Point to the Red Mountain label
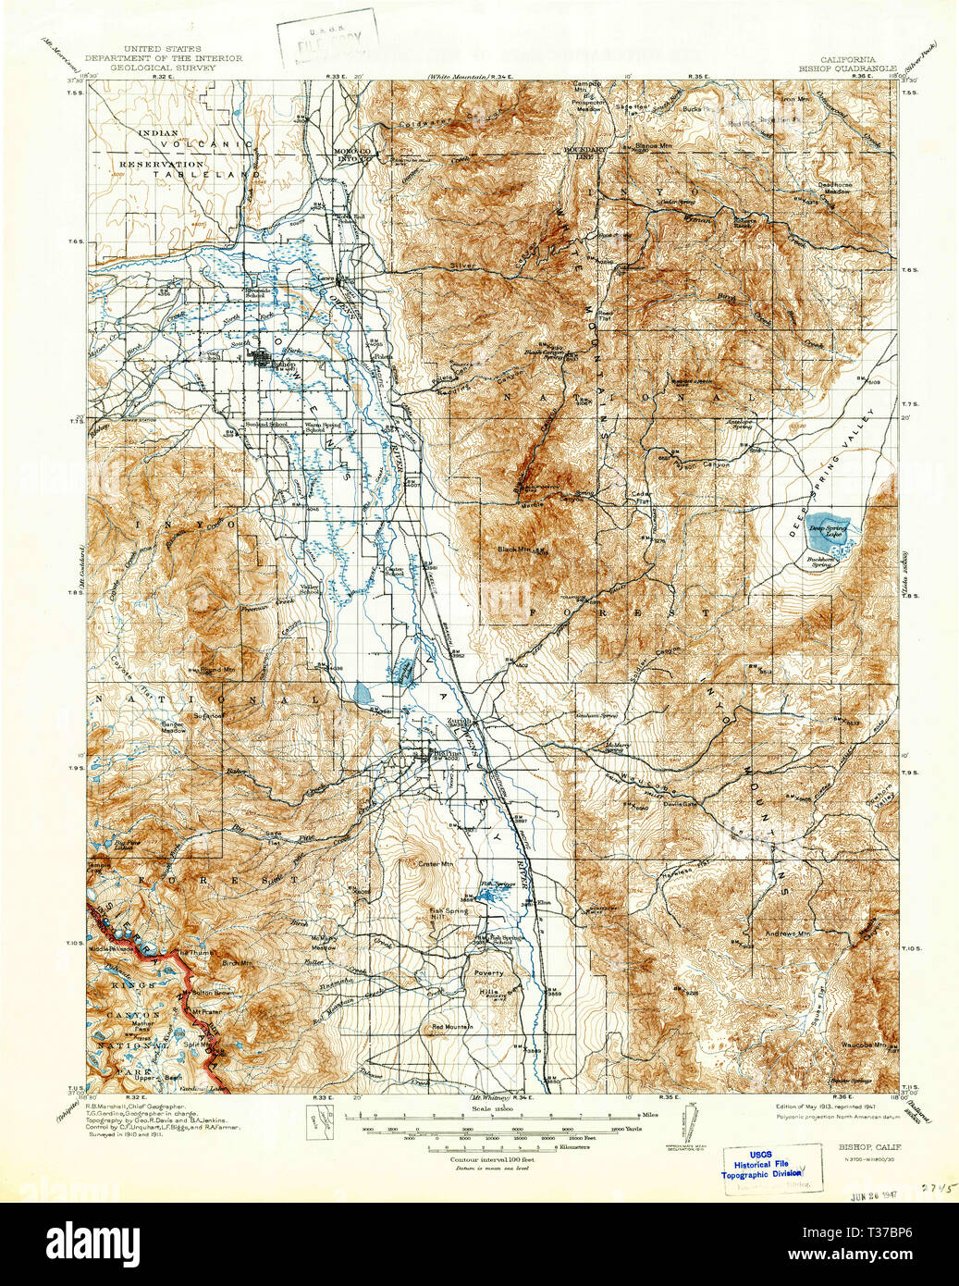click(x=452, y=1028)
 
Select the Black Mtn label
click(x=514, y=549)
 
